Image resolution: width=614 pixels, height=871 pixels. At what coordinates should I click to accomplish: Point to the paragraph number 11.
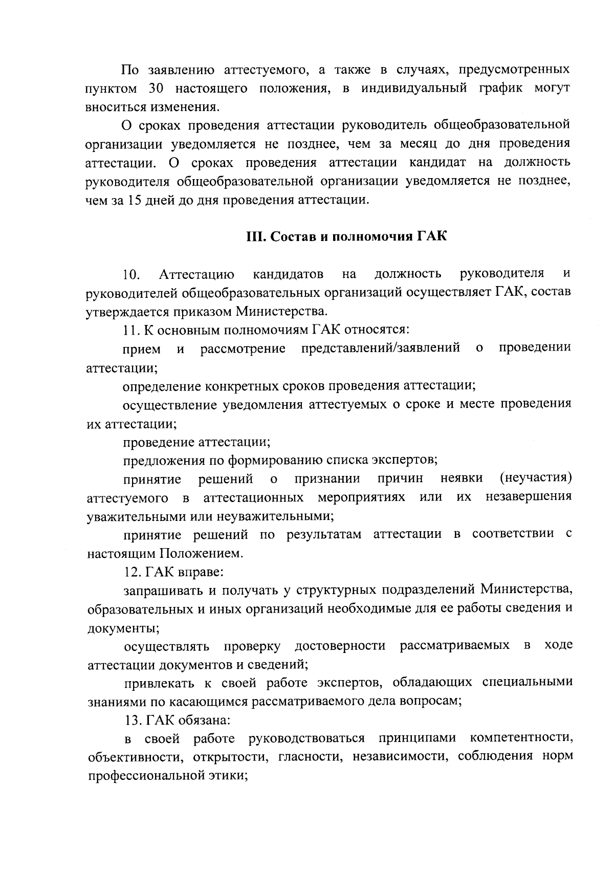[129, 331]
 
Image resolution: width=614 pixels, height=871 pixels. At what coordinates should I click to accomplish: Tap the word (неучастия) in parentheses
[535, 478]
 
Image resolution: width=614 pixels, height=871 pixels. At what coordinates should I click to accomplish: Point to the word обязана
[205, 720]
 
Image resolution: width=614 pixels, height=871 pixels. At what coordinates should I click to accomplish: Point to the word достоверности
[340, 646]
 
